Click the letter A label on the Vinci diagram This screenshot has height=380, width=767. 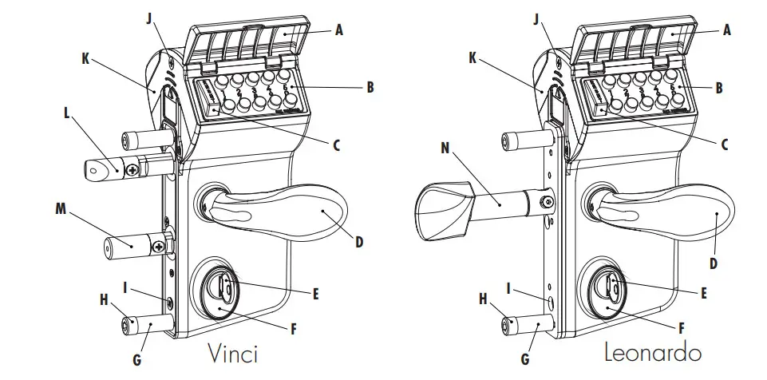point(338,31)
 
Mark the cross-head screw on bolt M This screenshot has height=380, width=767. point(160,247)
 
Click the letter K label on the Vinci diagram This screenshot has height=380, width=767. point(85,58)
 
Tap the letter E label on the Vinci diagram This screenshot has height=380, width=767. point(316,294)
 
